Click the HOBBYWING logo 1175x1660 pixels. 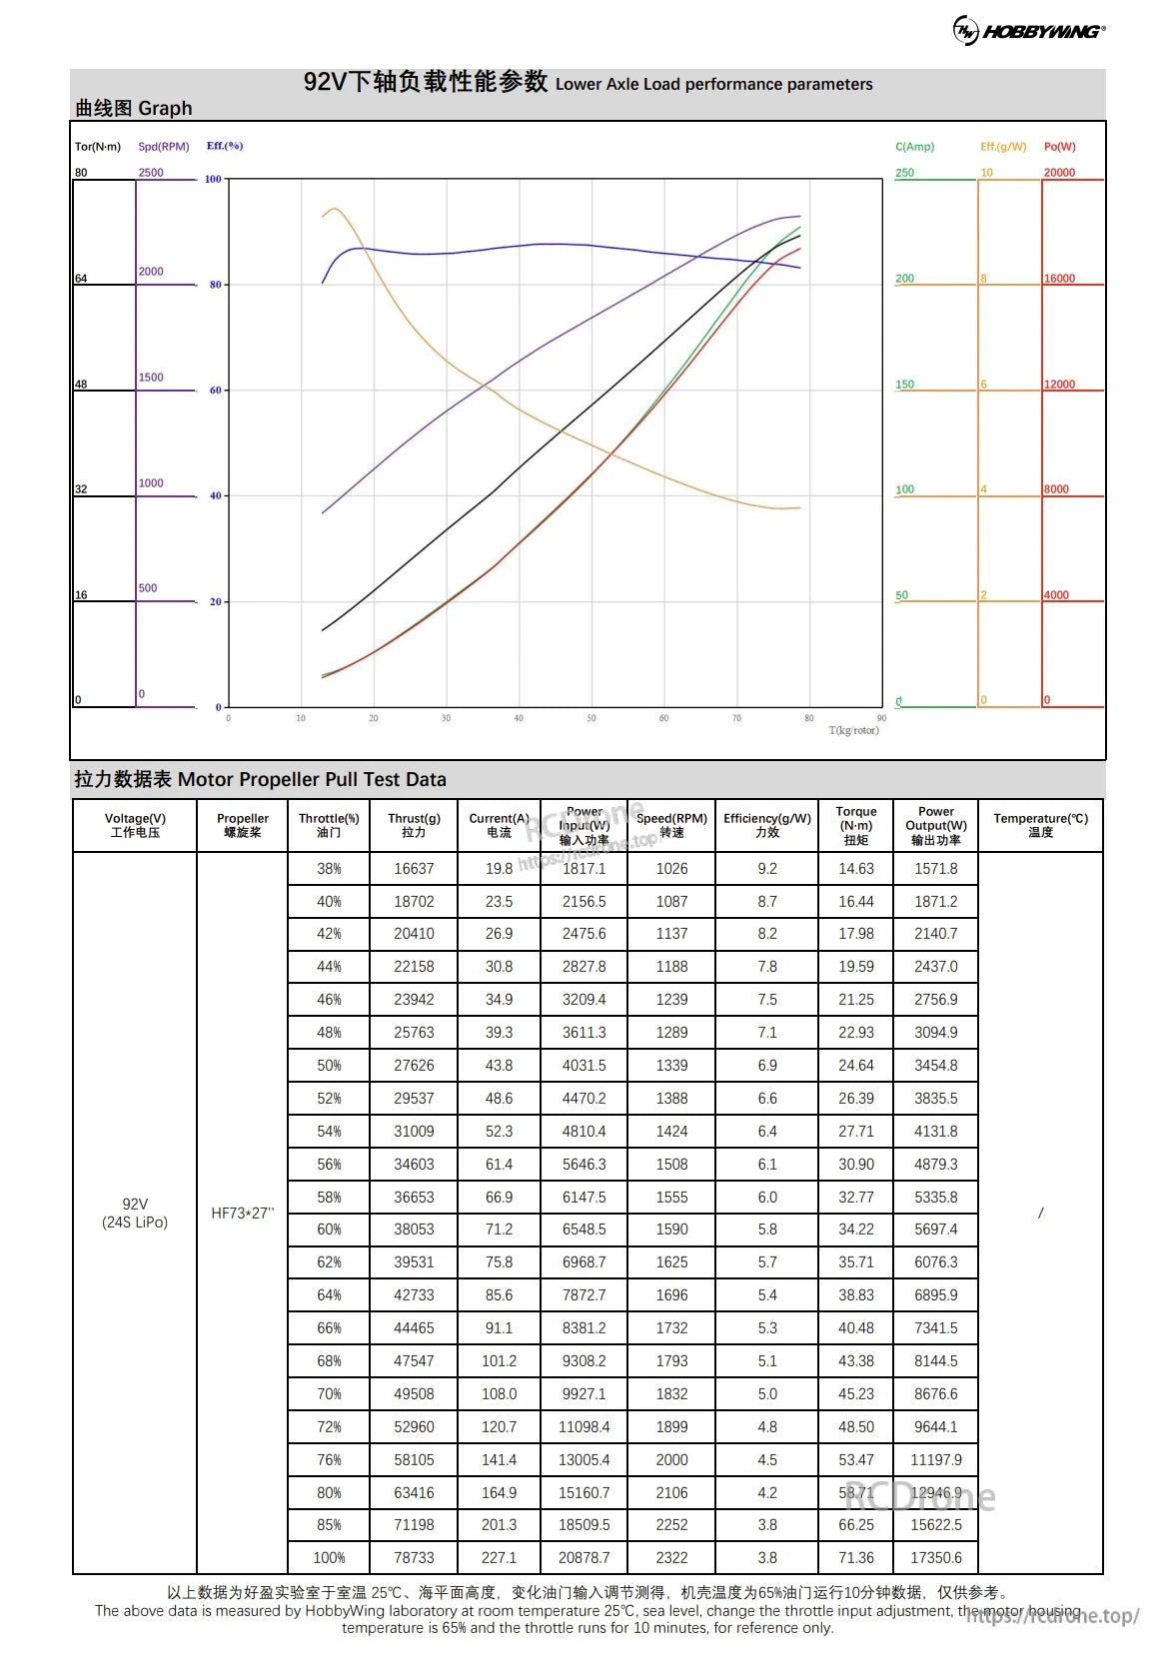[1029, 30]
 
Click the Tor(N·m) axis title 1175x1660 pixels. [97, 147]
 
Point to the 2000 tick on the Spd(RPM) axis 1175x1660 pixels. [151, 272]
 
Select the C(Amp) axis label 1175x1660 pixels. [914, 147]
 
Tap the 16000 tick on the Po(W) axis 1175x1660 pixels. [1059, 279]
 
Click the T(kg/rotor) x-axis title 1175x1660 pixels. [853, 730]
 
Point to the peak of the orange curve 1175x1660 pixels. [334, 209]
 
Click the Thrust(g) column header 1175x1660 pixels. [414, 825]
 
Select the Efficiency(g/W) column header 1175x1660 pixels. [766, 825]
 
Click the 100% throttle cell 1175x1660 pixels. [329, 1557]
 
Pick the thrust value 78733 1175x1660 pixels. [414, 1557]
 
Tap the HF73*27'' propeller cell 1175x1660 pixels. [242, 1213]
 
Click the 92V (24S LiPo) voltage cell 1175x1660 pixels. [135, 1213]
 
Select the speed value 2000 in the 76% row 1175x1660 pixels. [671, 1459]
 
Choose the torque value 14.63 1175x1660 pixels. [855, 869]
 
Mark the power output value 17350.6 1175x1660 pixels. [935, 1557]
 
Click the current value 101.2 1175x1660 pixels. [499, 1360]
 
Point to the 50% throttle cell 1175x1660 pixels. [329, 1066]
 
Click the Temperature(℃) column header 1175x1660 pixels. [1040, 825]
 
